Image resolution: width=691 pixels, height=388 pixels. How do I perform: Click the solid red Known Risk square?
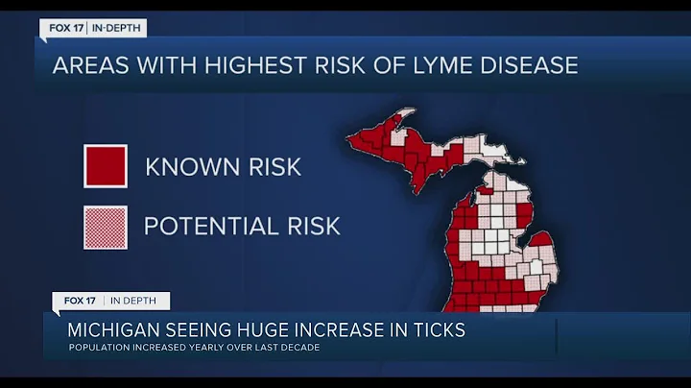(x=105, y=166)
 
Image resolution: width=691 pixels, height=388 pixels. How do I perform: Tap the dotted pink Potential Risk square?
(x=105, y=227)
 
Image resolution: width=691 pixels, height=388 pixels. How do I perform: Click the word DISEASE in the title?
(x=531, y=65)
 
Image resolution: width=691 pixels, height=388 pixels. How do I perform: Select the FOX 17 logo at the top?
(x=66, y=29)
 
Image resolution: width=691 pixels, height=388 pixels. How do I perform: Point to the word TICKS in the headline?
(x=433, y=330)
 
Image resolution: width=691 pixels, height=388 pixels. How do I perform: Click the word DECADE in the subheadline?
(x=297, y=347)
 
